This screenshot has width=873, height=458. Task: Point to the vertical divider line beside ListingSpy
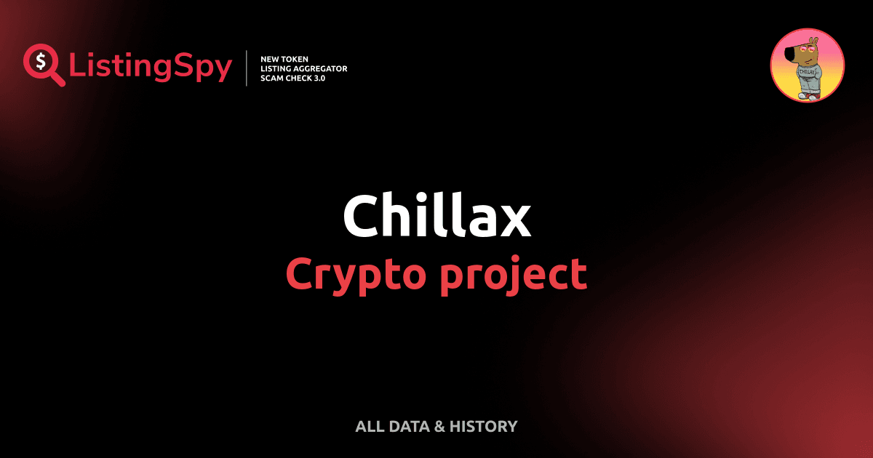point(247,68)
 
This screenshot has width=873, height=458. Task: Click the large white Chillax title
point(436,216)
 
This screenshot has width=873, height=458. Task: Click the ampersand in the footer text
point(439,427)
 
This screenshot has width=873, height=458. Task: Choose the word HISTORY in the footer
point(483,427)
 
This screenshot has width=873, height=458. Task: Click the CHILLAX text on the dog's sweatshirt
point(805,73)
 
